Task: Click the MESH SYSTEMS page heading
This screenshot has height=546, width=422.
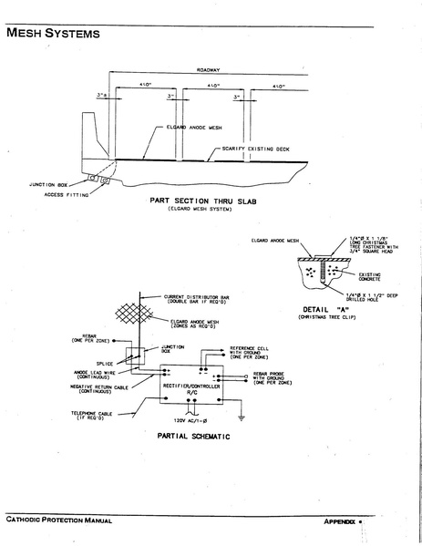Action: tap(53, 36)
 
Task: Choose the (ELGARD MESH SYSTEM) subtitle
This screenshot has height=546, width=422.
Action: tap(199, 209)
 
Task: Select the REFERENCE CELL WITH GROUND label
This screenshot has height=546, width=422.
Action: tap(254, 353)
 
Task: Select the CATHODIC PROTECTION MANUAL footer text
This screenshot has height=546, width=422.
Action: tap(58, 520)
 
